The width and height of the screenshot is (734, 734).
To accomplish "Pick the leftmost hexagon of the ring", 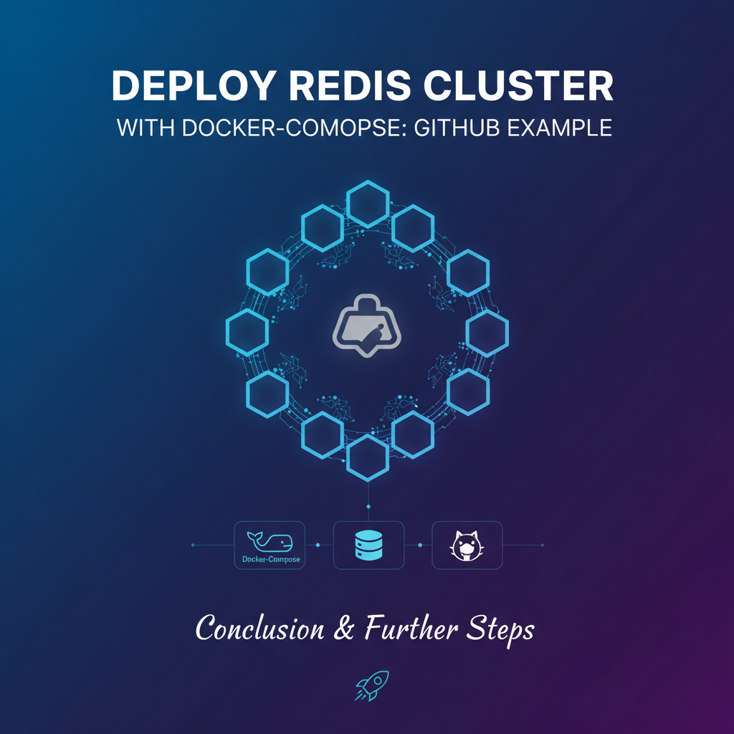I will (247, 331).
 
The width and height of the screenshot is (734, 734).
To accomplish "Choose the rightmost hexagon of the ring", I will (487, 331).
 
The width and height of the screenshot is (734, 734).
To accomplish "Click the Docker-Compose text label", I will (270, 559).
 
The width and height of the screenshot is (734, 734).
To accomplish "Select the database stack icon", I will (368, 545).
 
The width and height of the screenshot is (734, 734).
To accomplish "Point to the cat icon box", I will (467, 545).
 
